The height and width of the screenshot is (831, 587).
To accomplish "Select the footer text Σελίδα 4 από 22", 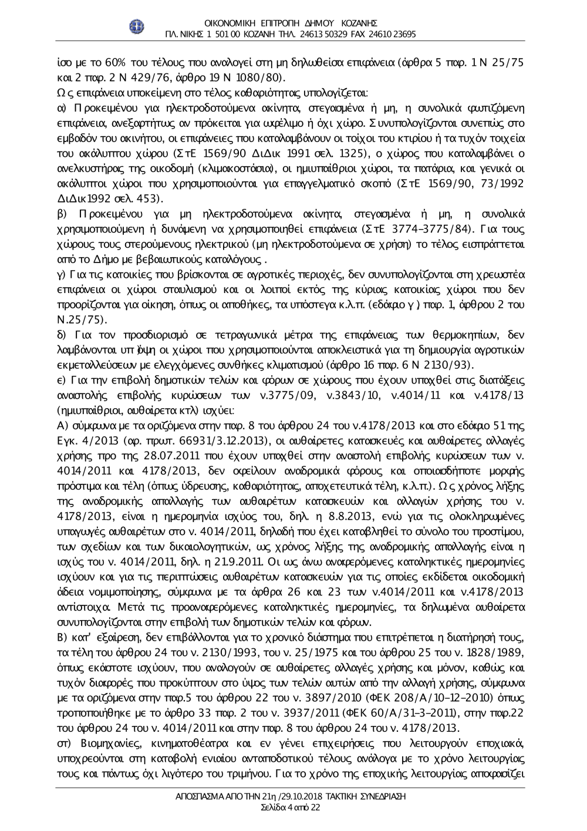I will click(291, 808).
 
